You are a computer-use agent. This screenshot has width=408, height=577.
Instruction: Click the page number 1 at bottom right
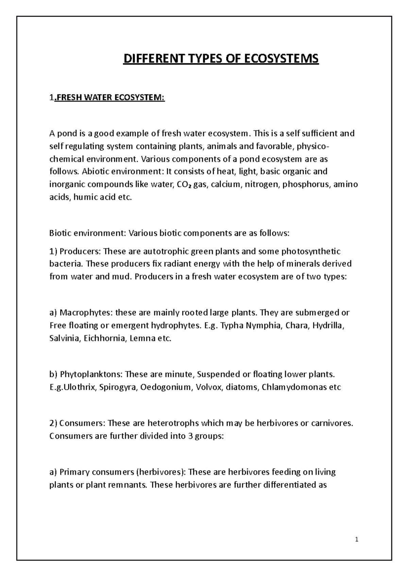pos(357,539)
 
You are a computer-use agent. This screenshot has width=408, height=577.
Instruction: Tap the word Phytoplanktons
pos(90,374)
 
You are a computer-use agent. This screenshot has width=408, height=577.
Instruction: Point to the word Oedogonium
pos(166,387)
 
